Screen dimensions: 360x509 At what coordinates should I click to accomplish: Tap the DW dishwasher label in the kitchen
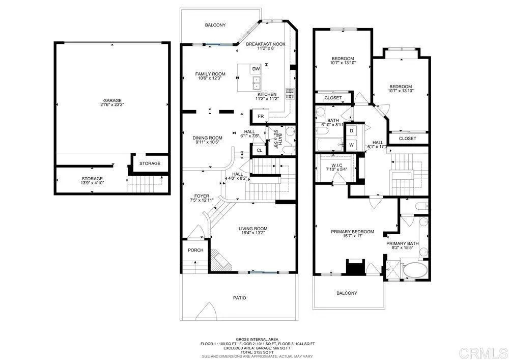tap(256, 69)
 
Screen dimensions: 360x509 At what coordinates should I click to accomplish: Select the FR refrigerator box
tap(261, 117)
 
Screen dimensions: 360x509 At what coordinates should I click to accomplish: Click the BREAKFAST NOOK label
tap(265, 44)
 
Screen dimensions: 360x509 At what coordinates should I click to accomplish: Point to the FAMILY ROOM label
tap(210, 74)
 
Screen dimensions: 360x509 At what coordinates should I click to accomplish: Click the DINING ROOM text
tap(207, 138)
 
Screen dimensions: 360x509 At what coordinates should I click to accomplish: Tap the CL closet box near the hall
tap(259, 150)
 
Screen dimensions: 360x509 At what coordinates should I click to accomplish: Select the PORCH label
tap(195, 250)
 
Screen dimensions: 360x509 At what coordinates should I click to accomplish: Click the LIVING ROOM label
tap(253, 229)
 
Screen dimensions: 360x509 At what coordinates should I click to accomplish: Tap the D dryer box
tap(352, 131)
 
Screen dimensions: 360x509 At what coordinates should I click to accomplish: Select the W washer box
tap(352, 145)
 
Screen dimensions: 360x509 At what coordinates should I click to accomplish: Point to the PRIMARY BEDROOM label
tap(352, 232)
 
